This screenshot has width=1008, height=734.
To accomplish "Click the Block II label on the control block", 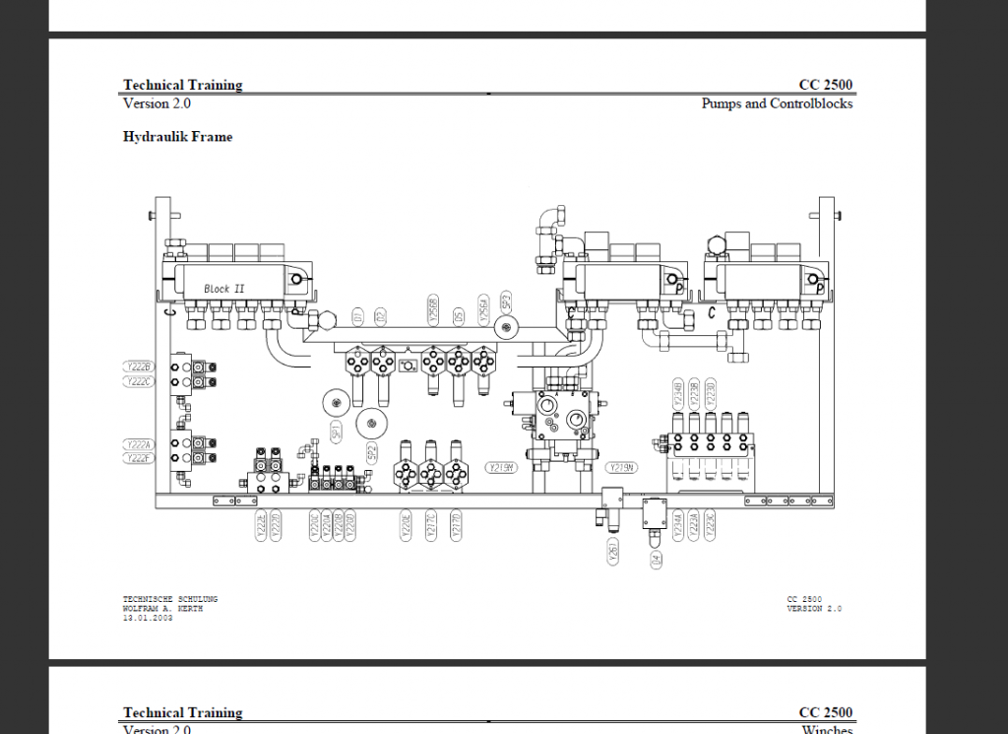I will click(224, 289).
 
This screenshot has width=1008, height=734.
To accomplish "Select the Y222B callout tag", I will click(139, 367).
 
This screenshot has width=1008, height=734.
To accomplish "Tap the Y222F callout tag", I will click(139, 458).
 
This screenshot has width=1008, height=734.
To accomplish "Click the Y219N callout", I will click(621, 468).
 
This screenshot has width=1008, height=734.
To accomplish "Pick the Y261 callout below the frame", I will click(612, 553).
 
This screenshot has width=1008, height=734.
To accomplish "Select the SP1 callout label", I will click(336, 431).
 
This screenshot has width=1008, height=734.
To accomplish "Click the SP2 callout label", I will click(371, 452).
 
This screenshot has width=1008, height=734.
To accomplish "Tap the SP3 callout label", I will click(505, 301).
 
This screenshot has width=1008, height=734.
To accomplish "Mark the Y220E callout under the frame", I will click(406, 525).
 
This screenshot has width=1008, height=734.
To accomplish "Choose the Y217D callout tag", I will click(456, 525).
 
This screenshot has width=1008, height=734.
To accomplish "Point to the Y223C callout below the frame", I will click(710, 525).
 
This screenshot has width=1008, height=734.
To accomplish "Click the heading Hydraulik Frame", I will click(177, 137).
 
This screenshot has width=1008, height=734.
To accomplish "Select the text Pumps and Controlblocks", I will click(777, 103).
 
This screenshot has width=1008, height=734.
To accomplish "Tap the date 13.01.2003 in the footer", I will click(148, 618).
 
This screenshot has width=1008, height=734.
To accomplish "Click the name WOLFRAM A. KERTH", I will click(162, 609).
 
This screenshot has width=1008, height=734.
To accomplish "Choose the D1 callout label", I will click(358, 316).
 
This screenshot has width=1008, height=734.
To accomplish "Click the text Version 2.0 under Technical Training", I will click(157, 103).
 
